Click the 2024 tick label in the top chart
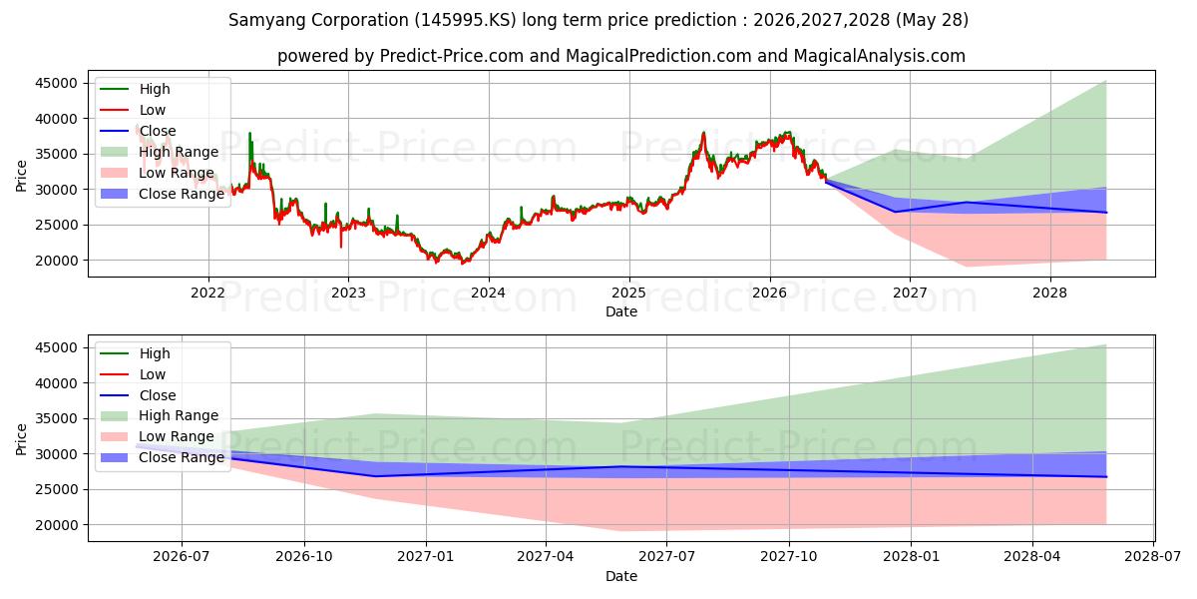[489, 294]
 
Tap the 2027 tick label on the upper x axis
[910, 294]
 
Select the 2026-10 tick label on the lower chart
[304, 557]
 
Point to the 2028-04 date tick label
[1032, 557]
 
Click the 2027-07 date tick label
[667, 557]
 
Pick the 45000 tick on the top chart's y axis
[56, 84]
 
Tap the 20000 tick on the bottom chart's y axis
[56, 525]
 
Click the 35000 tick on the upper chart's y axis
[56, 155]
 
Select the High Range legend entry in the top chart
[160, 152]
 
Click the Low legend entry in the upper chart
[133, 110]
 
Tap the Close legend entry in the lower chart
[138, 395]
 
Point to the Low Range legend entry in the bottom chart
[158, 437]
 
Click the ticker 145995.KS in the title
[465, 20]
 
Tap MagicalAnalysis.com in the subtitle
[879, 56]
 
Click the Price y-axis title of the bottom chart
[21, 439]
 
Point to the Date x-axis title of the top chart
[620, 311]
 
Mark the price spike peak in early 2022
[249, 133]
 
